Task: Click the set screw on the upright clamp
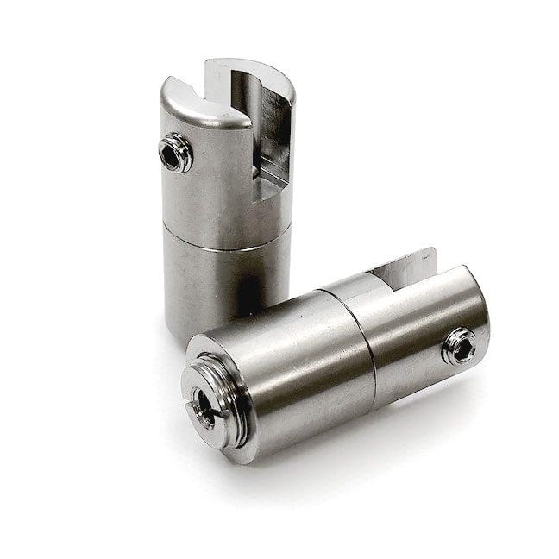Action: (176, 154)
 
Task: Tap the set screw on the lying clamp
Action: (459, 346)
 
